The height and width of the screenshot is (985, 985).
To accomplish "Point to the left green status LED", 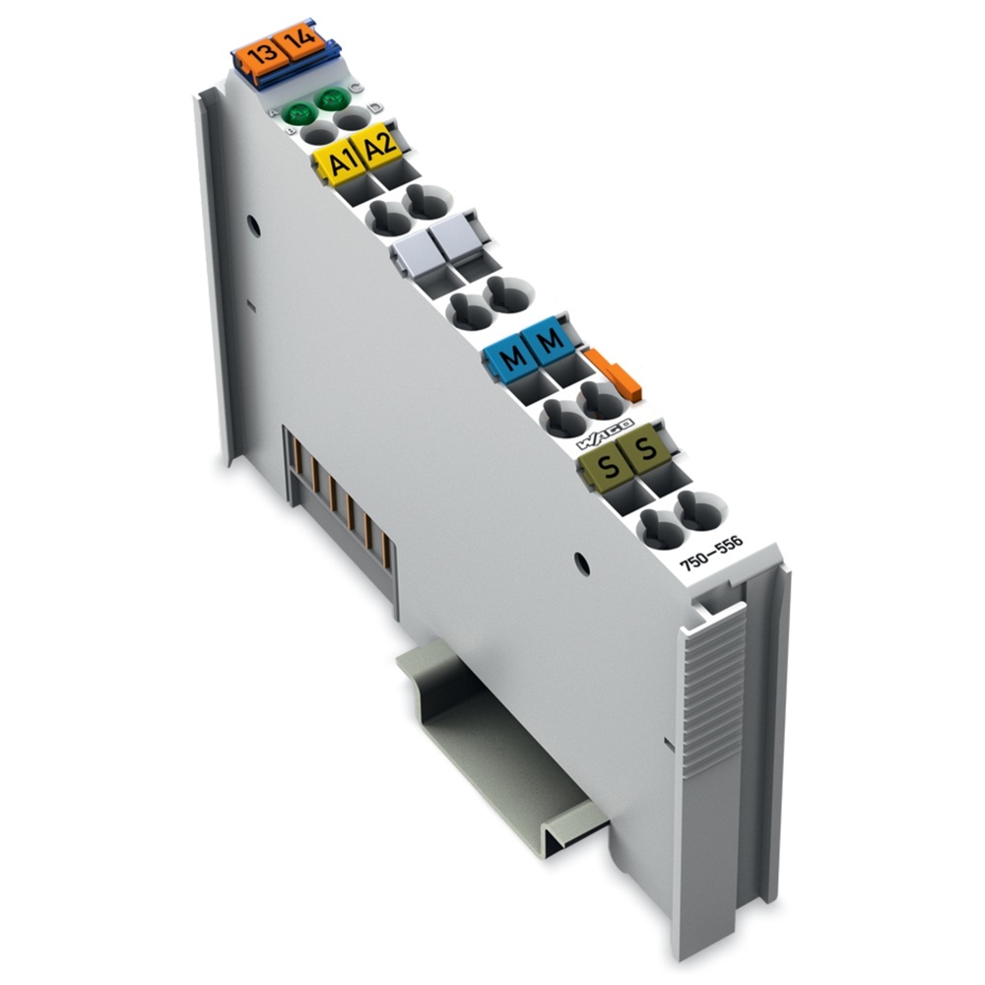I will click(295, 115).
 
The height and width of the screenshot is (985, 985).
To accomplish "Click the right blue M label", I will click(548, 344).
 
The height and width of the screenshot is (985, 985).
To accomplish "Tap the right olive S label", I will click(645, 450).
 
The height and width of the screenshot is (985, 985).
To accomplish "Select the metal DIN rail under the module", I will click(502, 749).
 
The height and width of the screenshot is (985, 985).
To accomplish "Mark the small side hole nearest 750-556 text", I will click(581, 564).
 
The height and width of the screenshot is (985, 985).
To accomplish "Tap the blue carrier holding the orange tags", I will click(281, 74).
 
